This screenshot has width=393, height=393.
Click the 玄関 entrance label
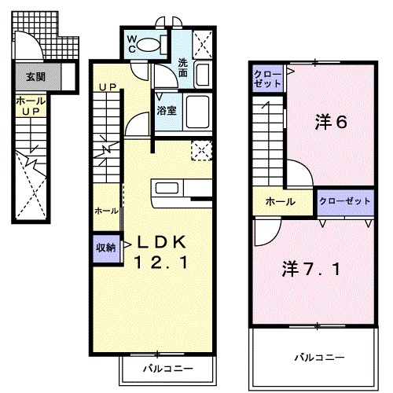pos(35,76)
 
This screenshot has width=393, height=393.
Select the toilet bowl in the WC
pos(149,45)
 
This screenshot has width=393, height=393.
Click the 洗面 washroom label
pos(183,68)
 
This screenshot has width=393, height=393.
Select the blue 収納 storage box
pos(106,247)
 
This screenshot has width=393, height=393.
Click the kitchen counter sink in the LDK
pos(167,187)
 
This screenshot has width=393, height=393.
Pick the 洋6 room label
pos(331,123)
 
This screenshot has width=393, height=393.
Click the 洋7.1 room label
pos(312,270)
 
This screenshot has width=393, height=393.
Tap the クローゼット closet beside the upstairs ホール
pos(344,202)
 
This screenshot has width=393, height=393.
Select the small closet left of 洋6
pos(266,78)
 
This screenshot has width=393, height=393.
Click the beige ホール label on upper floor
pos(281,202)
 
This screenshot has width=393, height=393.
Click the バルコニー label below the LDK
pos(167,367)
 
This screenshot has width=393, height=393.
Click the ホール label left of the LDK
pos(107,211)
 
